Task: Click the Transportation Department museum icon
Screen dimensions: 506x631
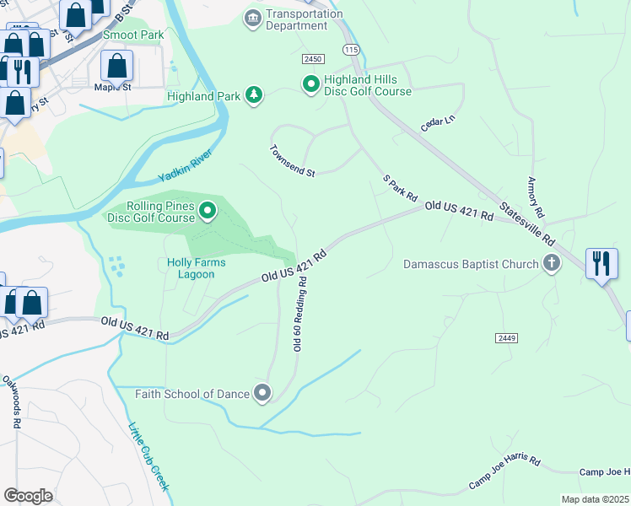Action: coord(252,19)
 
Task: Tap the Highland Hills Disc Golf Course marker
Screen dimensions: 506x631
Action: coord(310,83)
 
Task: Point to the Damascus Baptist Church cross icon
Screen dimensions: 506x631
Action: coord(552,263)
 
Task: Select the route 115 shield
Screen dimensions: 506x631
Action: coord(352,51)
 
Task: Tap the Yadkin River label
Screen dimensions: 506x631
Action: coord(184,167)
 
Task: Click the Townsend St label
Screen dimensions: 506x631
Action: coord(292,161)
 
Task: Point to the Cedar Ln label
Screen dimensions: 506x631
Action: coord(438,123)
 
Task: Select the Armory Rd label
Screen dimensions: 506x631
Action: coord(532,196)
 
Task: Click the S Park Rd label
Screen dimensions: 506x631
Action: coord(400,188)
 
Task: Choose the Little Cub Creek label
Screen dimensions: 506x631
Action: coord(148,456)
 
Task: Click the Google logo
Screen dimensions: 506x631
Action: coord(29,496)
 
